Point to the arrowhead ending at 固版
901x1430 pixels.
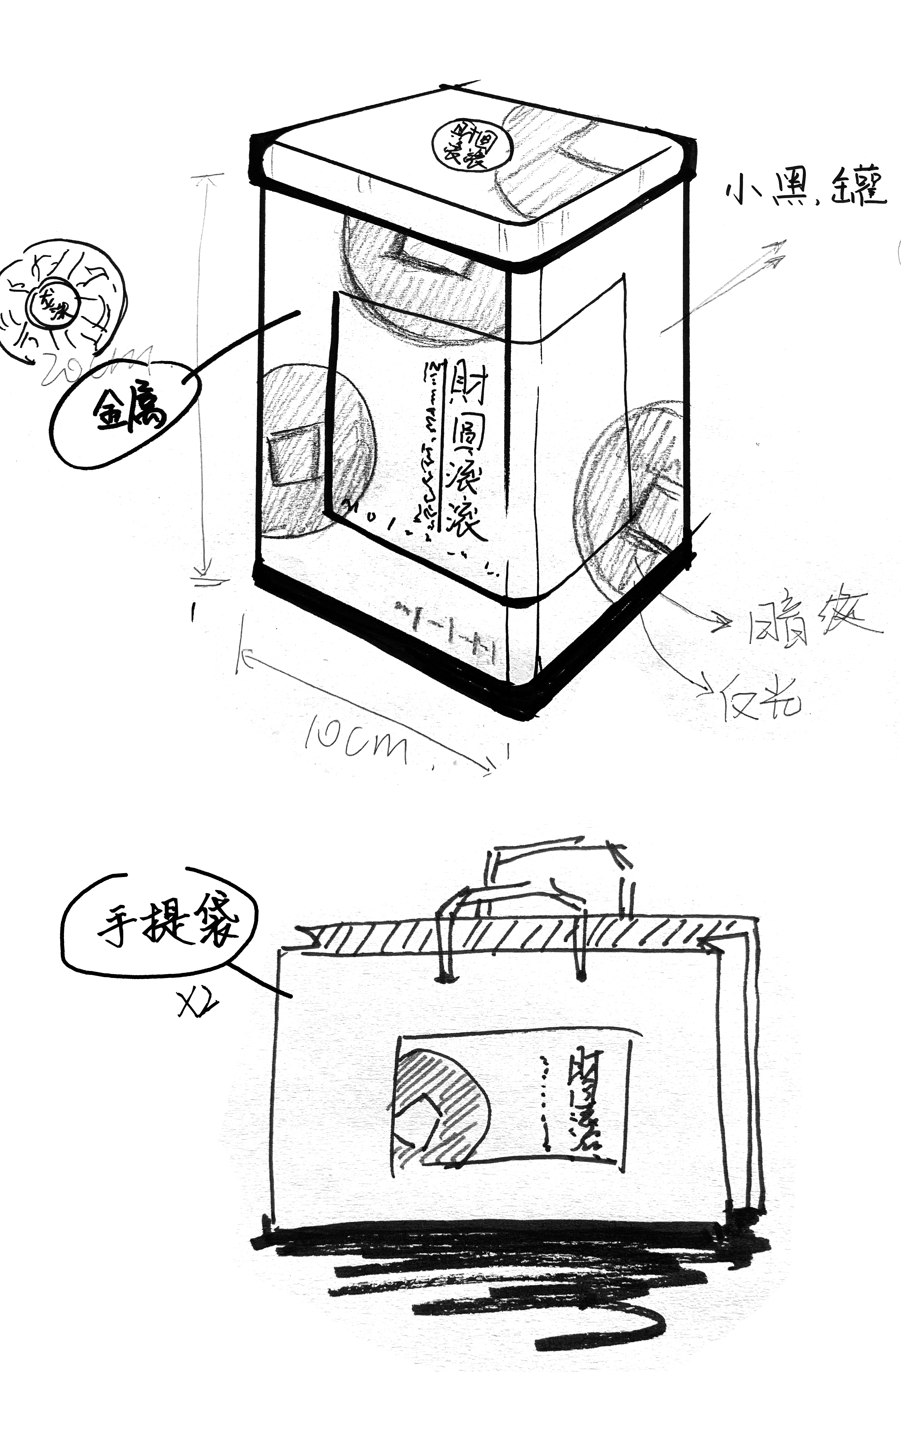pyautogui.click(x=724, y=624)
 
